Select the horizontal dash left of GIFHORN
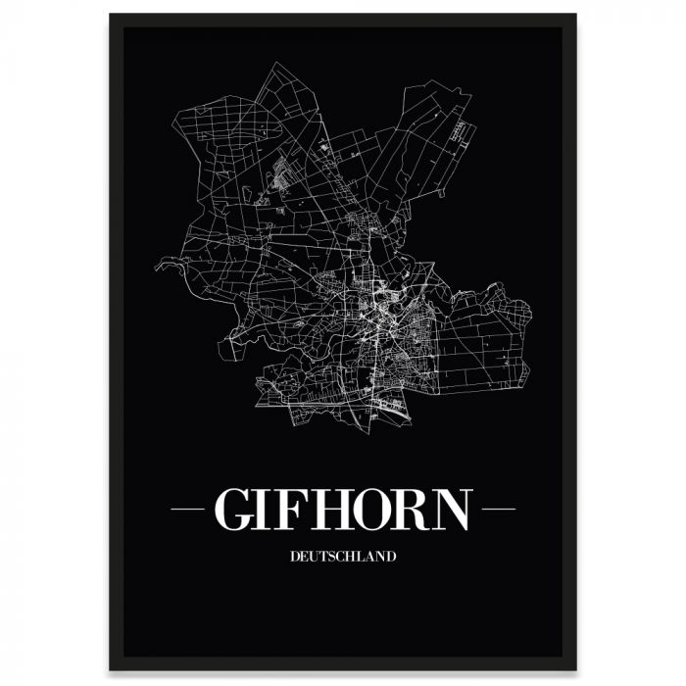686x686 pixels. (188, 510)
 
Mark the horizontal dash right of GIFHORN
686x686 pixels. (499, 510)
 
